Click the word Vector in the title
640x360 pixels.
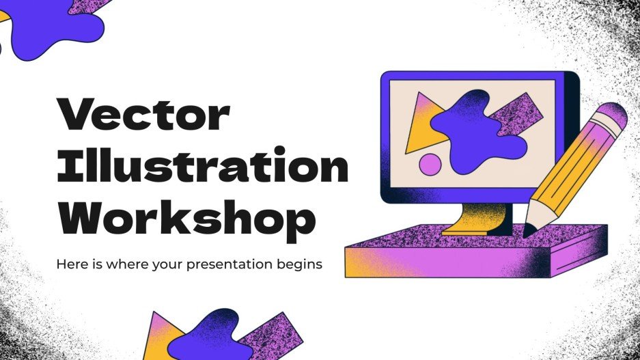point(142,117)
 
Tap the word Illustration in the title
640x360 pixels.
point(202,167)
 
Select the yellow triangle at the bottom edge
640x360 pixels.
point(162,335)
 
